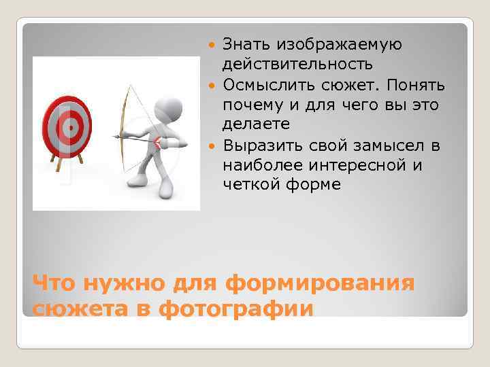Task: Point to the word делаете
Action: pos(256,125)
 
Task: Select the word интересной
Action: pos(356,165)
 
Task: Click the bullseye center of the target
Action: pos(67,127)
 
